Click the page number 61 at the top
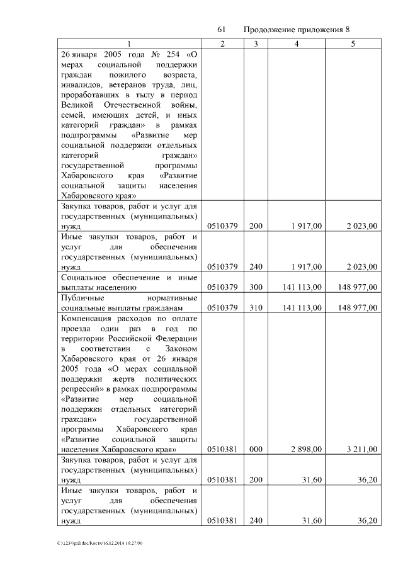[221, 30]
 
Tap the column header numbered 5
[353, 43]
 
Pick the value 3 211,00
[361, 450]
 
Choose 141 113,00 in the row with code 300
[303, 287]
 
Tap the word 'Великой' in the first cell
[77, 105]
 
